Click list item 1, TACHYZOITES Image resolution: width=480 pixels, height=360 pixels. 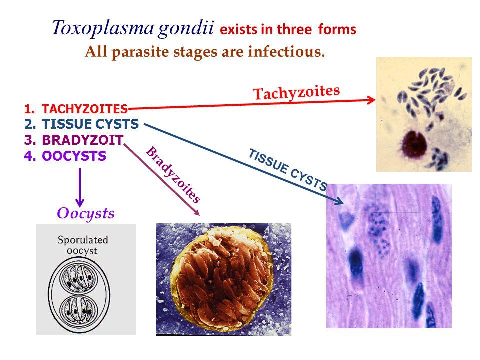point(85,108)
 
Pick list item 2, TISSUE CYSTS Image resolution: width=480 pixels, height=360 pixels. point(90,124)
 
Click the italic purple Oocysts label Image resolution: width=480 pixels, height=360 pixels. point(86,213)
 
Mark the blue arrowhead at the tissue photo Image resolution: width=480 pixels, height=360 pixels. point(340,201)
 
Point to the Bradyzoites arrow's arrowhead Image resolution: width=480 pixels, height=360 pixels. point(197,212)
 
